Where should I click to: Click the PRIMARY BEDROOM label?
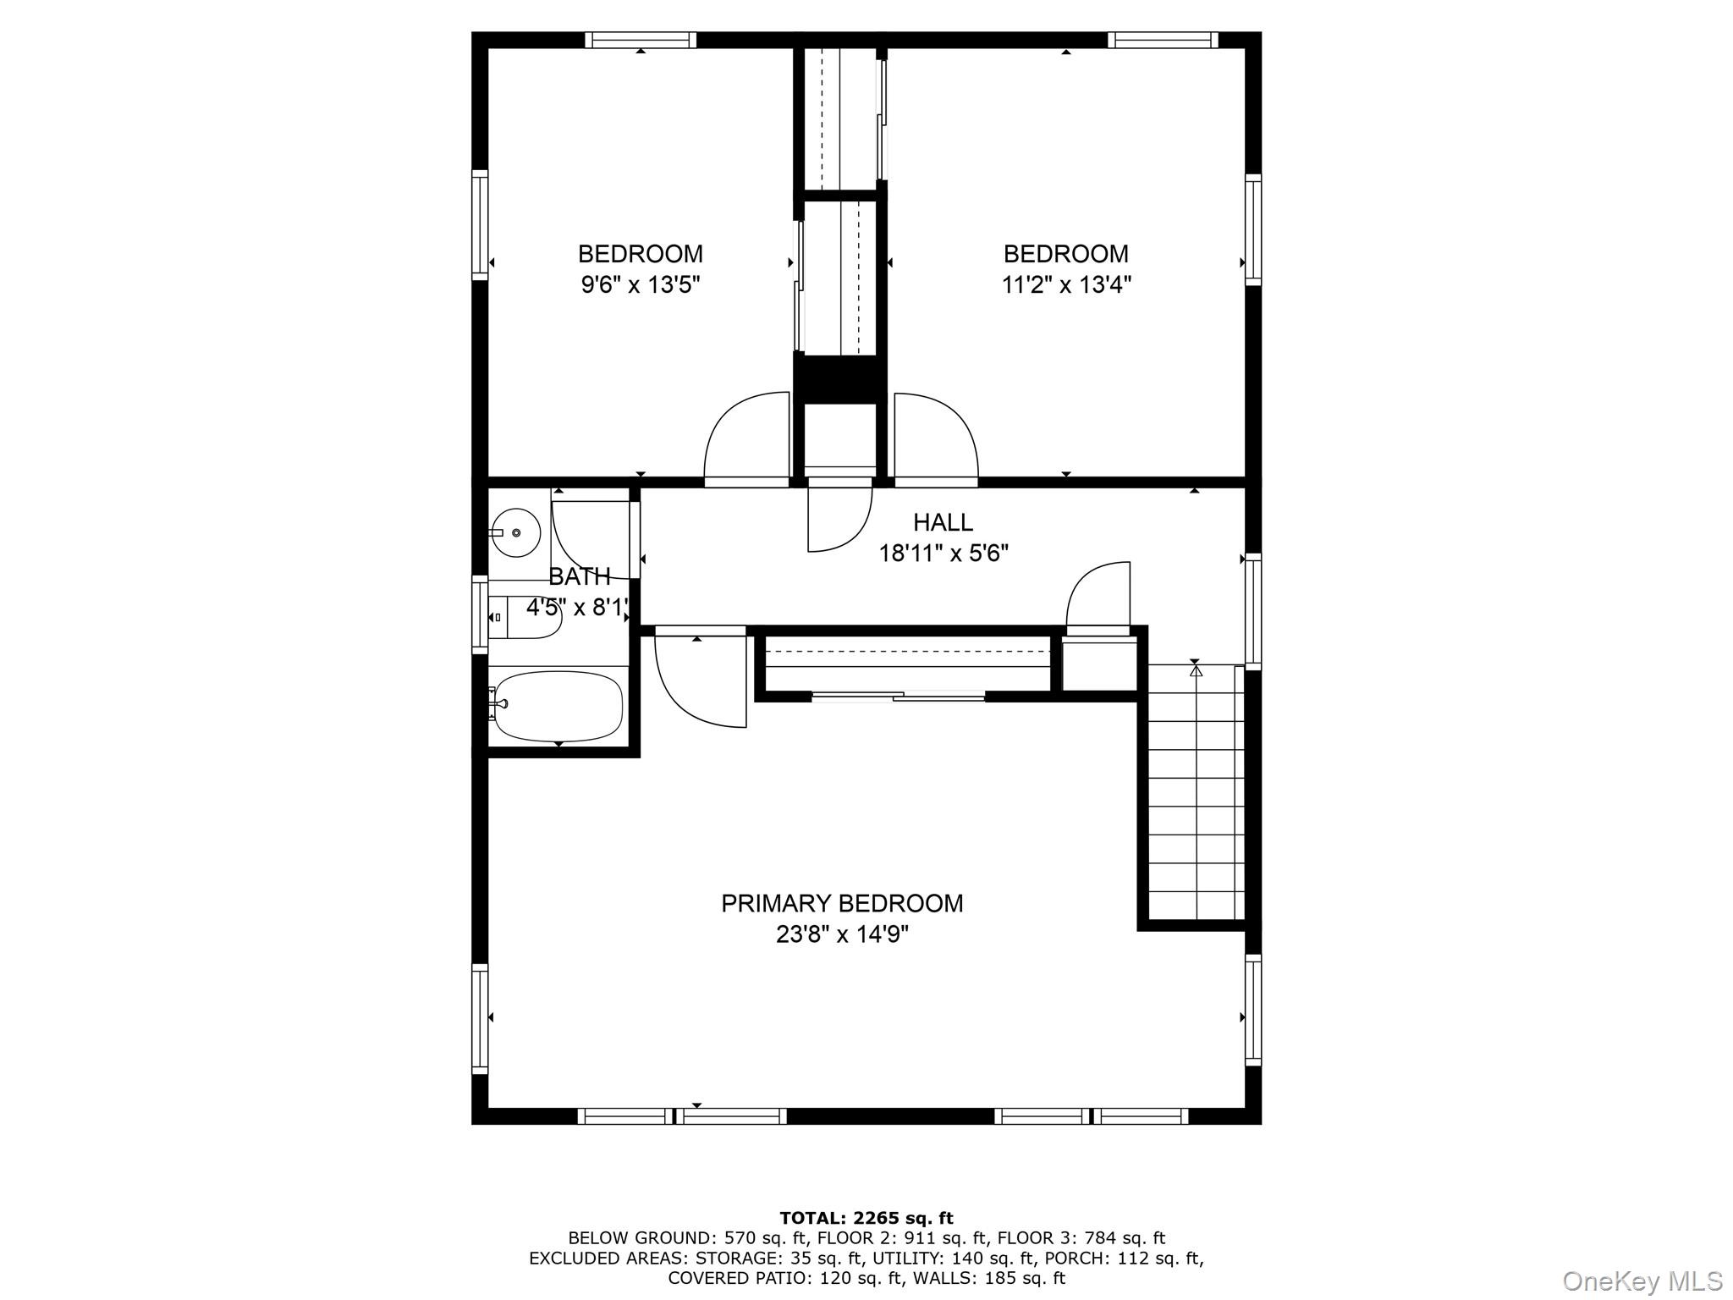point(841,904)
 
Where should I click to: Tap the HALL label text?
point(943,522)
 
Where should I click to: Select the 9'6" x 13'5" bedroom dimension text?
point(641,284)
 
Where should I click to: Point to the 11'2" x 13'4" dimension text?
point(1066,284)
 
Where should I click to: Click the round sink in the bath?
point(516,532)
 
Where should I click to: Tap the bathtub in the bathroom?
point(558,706)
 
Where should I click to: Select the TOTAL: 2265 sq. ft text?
point(866,1219)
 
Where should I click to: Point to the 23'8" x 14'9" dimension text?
point(841,934)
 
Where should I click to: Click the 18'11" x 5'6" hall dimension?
point(943,554)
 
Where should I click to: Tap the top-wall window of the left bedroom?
point(641,40)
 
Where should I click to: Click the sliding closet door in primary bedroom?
point(898,697)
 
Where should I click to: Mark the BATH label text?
point(580,577)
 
